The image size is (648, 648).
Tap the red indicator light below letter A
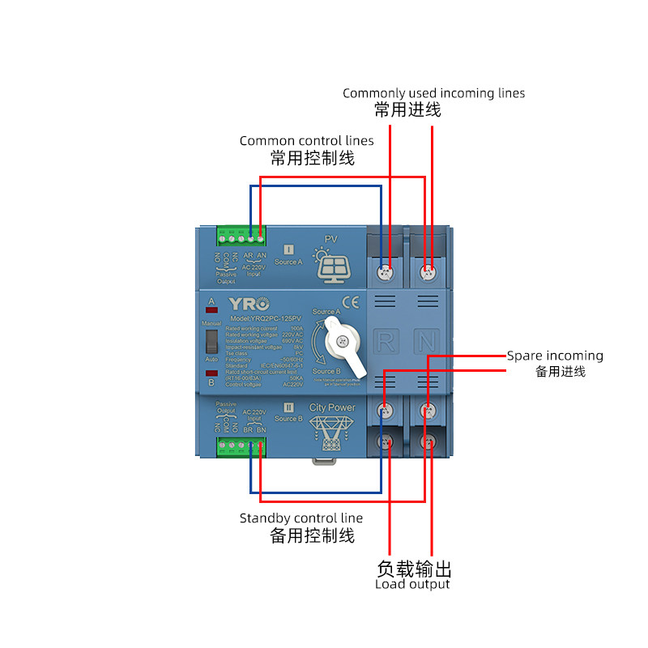211,311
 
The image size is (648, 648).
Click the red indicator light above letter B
211,373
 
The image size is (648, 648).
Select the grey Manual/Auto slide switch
211,340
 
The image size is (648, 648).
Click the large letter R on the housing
386,341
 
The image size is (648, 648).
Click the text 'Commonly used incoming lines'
433,93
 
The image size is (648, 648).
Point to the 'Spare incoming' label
555,356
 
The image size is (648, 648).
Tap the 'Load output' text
412,584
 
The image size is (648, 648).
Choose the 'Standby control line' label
301,518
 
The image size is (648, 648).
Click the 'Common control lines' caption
307,141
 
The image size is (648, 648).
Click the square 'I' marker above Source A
288,249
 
